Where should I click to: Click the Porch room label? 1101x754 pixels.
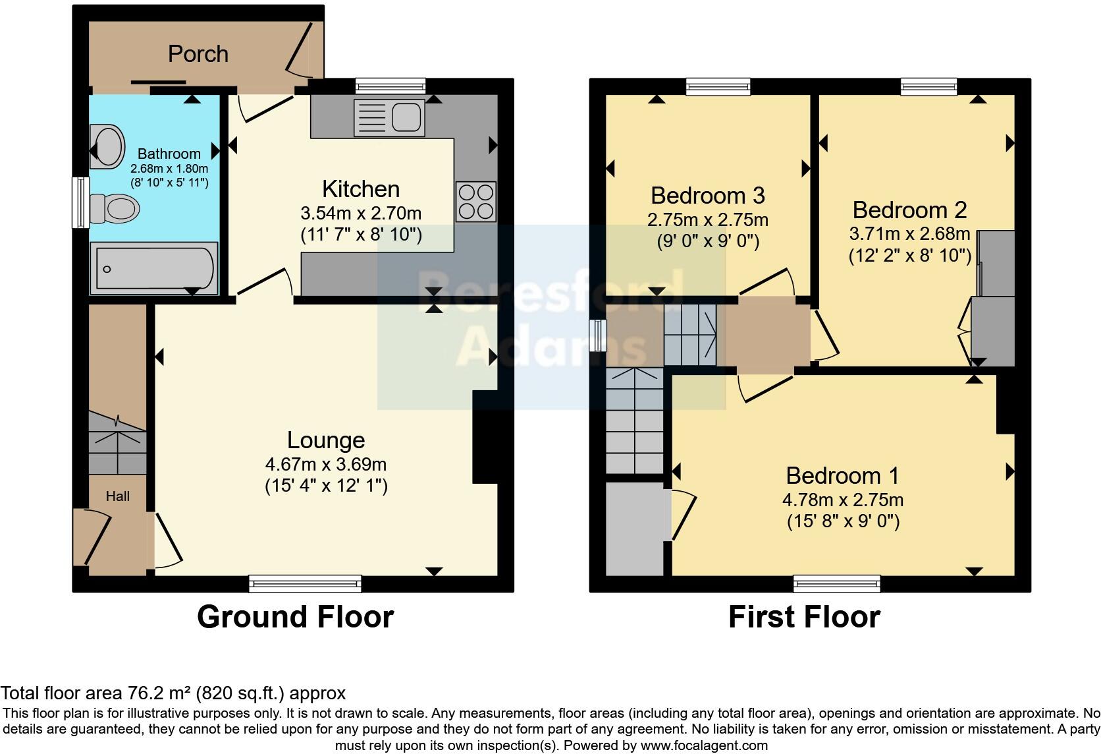[x=198, y=54]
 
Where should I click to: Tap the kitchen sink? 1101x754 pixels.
[x=389, y=117]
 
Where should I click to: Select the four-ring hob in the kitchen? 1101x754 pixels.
[x=475, y=201]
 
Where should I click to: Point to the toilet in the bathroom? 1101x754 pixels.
[x=115, y=209]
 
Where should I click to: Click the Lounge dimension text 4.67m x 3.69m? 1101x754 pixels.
[x=325, y=463]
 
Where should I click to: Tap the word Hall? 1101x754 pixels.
[x=118, y=496]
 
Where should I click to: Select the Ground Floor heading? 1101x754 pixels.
[x=295, y=617]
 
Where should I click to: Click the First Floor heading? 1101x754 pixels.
[x=804, y=617]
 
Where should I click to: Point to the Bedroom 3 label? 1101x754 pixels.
[x=707, y=196]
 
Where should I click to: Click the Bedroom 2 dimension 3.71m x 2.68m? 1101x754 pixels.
[x=909, y=233]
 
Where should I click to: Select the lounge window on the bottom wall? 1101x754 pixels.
[x=305, y=583]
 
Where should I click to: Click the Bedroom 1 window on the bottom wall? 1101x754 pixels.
[x=836, y=583]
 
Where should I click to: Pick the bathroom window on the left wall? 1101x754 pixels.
[x=80, y=202]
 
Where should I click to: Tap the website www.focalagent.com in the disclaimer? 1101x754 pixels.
[x=703, y=745]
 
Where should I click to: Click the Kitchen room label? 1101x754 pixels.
[x=361, y=189]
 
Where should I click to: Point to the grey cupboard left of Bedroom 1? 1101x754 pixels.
[x=635, y=529]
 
